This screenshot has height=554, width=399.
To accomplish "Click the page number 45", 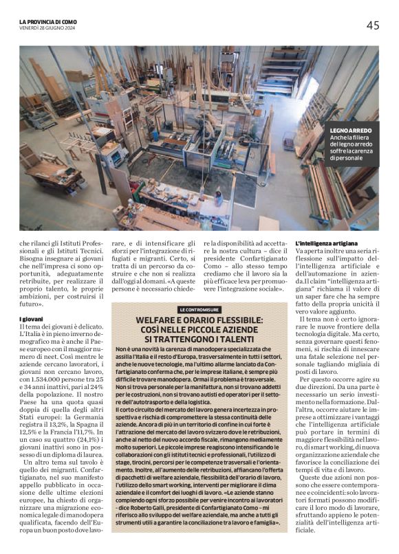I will [372, 25].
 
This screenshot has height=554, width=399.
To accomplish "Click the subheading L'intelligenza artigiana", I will [326, 244].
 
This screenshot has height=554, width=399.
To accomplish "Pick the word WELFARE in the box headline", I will [159, 320].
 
